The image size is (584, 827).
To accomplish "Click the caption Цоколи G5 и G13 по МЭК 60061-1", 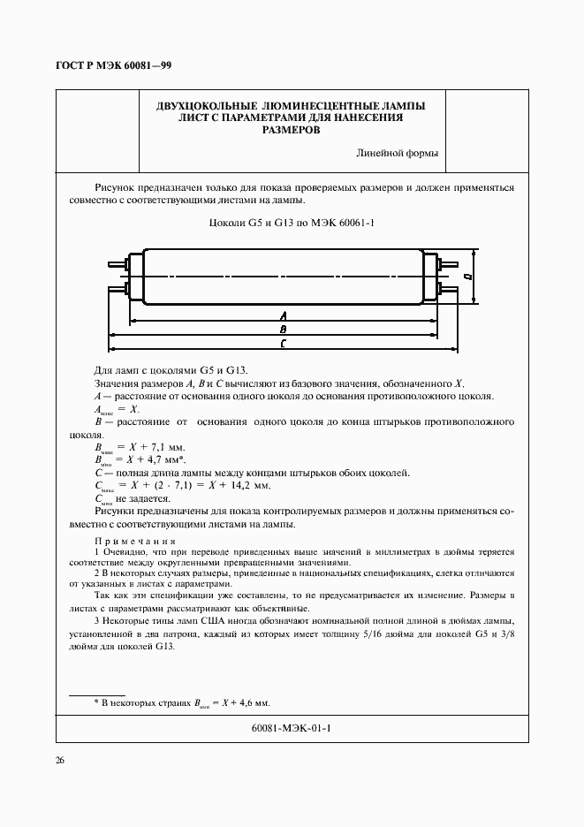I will [292, 223].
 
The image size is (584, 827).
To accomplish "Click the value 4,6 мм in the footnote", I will [252, 702].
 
